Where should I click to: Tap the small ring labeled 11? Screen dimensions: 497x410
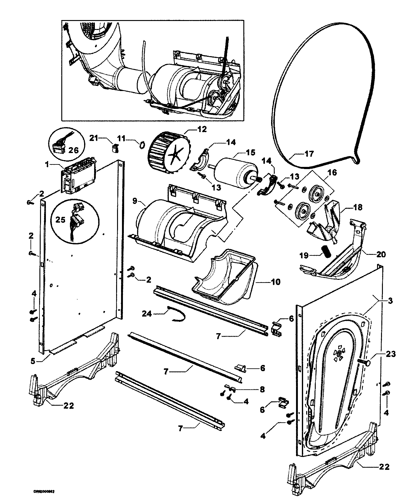142,144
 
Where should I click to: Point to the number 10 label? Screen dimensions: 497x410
276,281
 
